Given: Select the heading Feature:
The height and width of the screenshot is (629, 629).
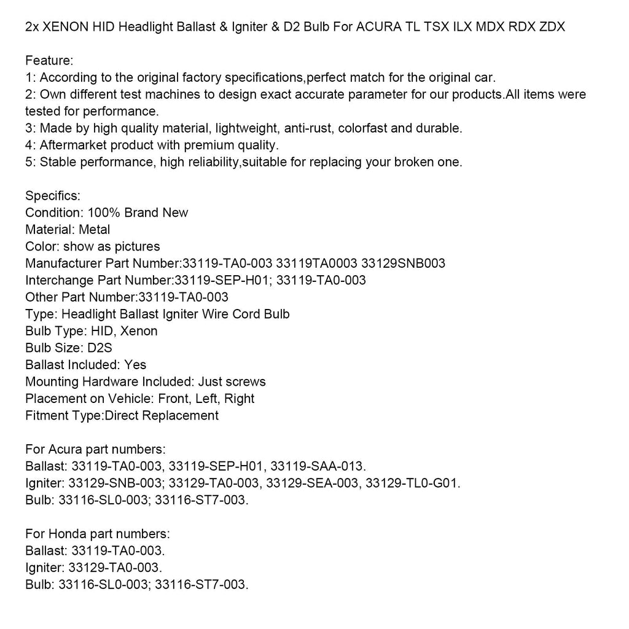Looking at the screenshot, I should (49, 61).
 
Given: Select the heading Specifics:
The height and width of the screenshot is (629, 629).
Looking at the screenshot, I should (53, 196).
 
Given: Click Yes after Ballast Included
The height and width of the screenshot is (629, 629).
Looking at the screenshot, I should (135, 365).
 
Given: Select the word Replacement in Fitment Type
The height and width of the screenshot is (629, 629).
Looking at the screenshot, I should (180, 415).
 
